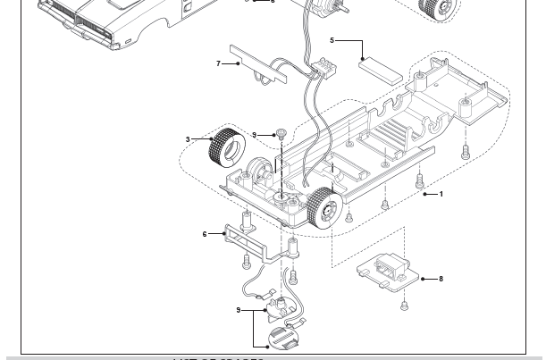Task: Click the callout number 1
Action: [x=441, y=194]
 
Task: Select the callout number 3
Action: [x=189, y=139]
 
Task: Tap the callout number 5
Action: [x=332, y=40]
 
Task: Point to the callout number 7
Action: [x=218, y=63]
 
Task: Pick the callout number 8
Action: [x=441, y=279]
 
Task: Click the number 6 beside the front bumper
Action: [x=205, y=234]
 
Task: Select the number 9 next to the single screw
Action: [x=255, y=135]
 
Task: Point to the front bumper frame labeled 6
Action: [x=244, y=236]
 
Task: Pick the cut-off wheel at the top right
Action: [x=441, y=9]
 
